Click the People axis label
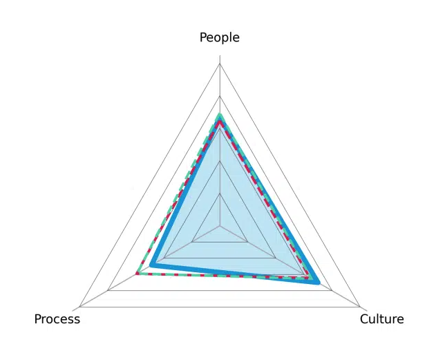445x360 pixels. [x=219, y=38]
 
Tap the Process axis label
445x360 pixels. [x=57, y=319]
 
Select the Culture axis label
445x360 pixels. [x=381, y=319]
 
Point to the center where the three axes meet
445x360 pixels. [x=220, y=226]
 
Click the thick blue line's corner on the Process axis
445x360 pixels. [x=151, y=265]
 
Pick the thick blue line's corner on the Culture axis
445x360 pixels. [x=318, y=283]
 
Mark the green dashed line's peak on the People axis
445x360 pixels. [x=219, y=115]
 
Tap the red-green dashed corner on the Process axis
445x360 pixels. [x=138, y=274]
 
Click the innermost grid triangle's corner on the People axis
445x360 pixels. [x=220, y=193]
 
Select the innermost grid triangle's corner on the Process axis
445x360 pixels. [x=192, y=242]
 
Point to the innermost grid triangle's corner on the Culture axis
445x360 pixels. [x=247, y=242]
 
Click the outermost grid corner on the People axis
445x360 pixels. [x=220, y=64]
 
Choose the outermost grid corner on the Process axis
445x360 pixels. [x=79, y=307]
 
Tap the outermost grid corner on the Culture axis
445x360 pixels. [x=359, y=307]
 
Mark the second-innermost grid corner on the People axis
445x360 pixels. [x=220, y=162]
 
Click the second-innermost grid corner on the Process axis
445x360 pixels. [x=164, y=258]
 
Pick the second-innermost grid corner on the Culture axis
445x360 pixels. [x=276, y=258]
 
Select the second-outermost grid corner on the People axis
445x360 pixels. [x=220, y=97]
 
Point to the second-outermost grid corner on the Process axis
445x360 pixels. [x=108, y=290]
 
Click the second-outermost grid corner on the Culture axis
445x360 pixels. [x=332, y=290]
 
